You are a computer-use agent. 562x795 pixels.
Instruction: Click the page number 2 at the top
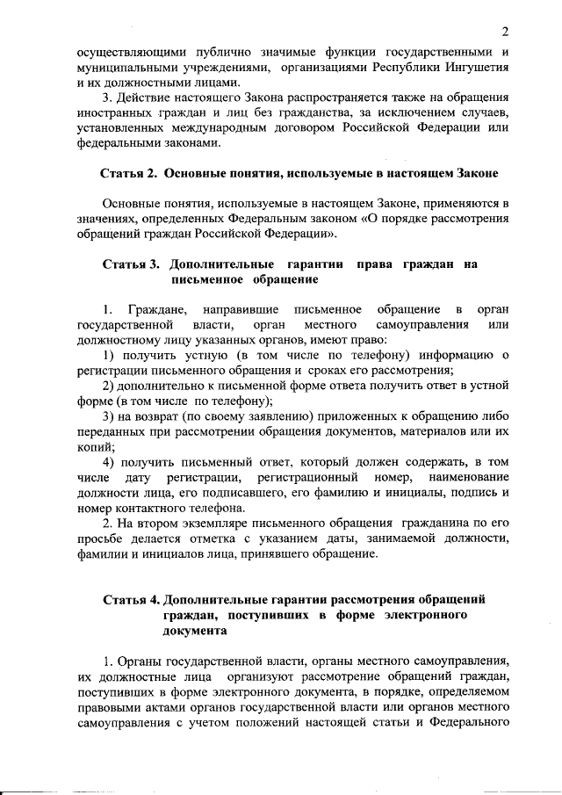(x=506, y=33)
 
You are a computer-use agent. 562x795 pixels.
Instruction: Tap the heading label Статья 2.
(x=130, y=172)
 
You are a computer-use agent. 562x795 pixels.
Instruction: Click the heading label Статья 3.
(x=130, y=264)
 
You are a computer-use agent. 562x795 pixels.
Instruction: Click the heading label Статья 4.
(x=130, y=599)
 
